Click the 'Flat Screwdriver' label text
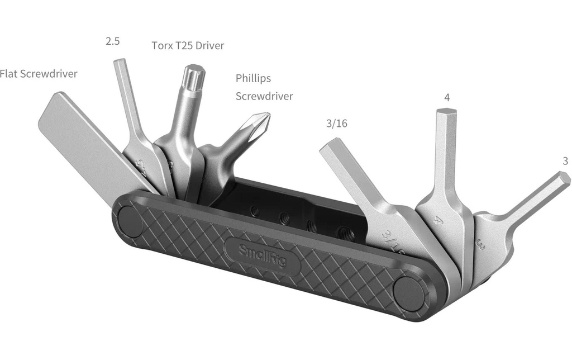tap(39, 74)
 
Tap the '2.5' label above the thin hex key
tap(113, 41)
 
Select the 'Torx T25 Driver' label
tap(188, 46)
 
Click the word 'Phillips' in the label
tap(253, 78)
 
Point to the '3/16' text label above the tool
tap(337, 124)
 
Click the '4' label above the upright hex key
tap(447, 97)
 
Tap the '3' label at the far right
tap(565, 160)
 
